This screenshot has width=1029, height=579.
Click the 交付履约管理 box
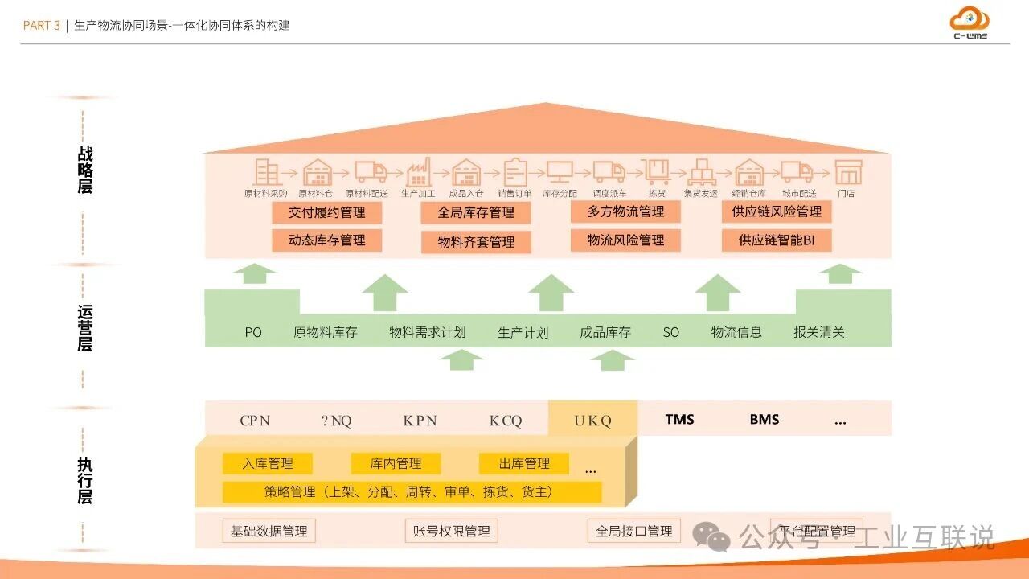pos(326,213)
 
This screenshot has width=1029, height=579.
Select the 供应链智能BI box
pos(776,240)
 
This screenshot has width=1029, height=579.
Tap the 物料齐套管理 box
pos(476,242)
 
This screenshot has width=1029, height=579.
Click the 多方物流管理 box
pos(625,211)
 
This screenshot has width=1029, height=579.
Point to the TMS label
pos(679,419)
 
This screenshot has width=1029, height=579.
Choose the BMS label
pos(764,419)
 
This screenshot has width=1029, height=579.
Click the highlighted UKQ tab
pos(592,420)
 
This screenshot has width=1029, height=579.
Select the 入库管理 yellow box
pos(268,463)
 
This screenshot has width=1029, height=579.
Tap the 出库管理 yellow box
pos(524,463)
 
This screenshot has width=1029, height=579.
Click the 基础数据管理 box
pos(269,531)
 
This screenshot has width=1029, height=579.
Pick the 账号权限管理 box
pos(451,531)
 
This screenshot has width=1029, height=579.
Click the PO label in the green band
pos(253,332)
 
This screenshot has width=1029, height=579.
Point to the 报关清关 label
pos(818,332)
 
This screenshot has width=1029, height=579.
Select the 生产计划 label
pos(523,332)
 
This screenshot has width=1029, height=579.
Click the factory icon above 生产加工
pos(418,171)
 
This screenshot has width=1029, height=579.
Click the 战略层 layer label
pos(85,170)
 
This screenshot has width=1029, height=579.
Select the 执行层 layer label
pos(85,480)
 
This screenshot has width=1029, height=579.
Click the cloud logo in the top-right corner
pos(970,20)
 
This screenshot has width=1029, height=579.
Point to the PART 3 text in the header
pos(41,25)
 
